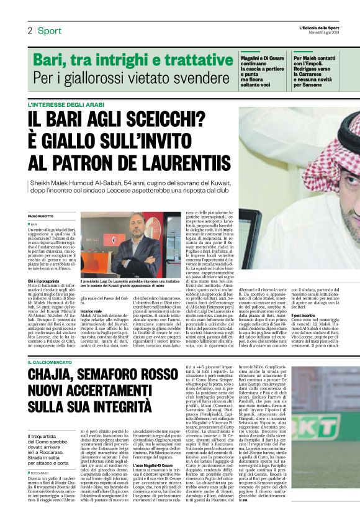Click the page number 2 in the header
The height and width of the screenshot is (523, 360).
29,30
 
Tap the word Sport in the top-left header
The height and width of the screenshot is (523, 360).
49,30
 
